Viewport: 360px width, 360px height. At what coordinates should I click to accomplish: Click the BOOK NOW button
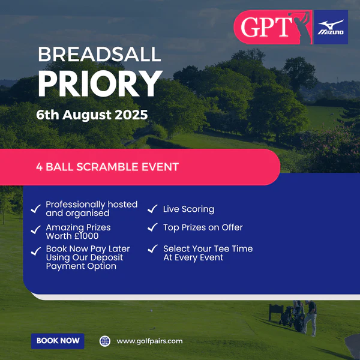pos(58,341)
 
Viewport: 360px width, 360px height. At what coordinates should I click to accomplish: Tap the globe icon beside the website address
pos(104,341)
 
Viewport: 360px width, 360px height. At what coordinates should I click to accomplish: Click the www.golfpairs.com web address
pos(149,341)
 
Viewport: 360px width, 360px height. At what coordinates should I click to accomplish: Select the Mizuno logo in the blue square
pos(331,27)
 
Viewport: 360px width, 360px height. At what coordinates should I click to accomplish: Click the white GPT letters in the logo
pos(266,27)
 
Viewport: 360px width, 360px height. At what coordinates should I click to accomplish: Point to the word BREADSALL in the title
pos(100,54)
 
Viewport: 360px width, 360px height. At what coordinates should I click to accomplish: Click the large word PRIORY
pos(100,83)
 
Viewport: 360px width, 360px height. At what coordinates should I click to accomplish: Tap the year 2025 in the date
pos(131,115)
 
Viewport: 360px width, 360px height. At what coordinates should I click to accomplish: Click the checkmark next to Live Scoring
pos(152,209)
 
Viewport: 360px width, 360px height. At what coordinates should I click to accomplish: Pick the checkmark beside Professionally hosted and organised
pos(36,209)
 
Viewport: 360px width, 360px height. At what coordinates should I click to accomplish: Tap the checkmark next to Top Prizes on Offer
pos(152,227)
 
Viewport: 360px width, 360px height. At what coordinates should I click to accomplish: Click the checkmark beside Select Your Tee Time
pos(152,248)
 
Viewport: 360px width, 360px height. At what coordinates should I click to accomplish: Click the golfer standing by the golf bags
pos(310,318)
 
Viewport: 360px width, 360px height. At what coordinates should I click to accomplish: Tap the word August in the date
pos(87,115)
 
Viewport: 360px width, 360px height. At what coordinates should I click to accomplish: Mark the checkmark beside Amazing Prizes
pos(36,230)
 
